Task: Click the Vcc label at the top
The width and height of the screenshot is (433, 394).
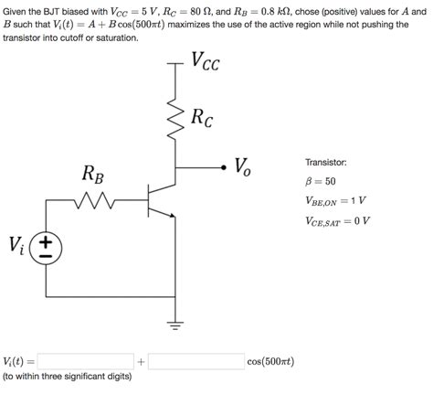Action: point(205,62)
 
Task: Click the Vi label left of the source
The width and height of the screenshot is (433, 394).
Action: point(17,245)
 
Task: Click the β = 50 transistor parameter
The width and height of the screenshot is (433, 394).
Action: point(320,181)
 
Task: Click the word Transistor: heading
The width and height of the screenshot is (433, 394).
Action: point(325,162)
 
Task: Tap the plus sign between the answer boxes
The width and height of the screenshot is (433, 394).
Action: point(141,362)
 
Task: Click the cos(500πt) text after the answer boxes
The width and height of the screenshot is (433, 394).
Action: point(270,361)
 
